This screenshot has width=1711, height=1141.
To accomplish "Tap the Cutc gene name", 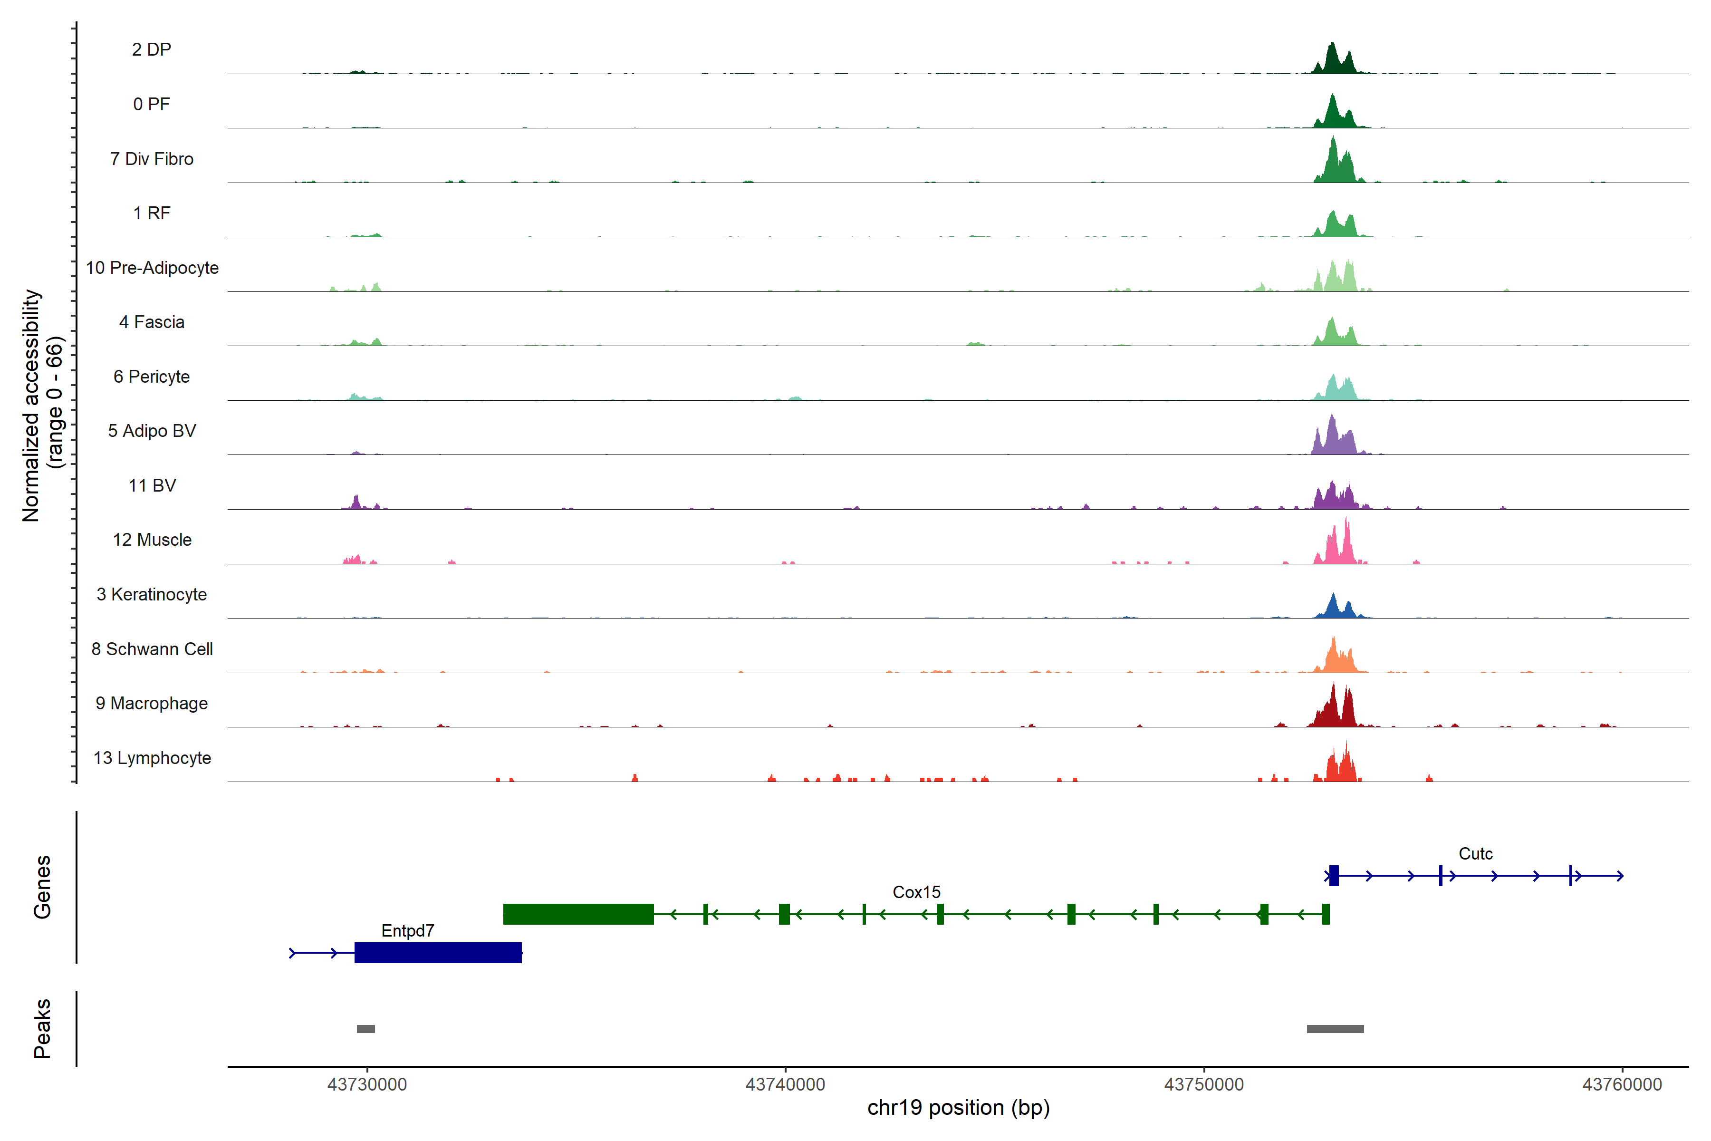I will (1475, 853).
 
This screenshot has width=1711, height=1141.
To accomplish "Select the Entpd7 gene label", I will (407, 931).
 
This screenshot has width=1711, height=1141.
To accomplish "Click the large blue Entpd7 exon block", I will (438, 953).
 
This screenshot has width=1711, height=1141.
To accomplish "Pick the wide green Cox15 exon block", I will (578, 914).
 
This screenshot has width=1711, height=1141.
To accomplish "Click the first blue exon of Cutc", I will (1334, 875).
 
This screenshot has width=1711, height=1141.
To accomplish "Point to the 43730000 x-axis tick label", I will (367, 1084).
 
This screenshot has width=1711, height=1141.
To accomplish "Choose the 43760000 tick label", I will (1622, 1084).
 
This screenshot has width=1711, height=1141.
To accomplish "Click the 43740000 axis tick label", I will (786, 1084).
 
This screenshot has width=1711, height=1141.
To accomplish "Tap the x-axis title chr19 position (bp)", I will (958, 1108).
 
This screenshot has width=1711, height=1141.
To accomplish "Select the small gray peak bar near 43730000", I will (366, 1029).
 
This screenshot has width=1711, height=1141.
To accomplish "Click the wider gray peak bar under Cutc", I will (1335, 1029).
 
